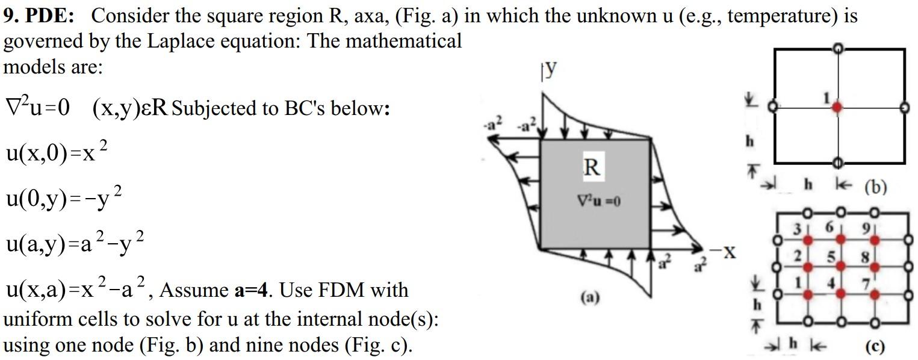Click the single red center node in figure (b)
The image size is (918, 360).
click(x=836, y=107)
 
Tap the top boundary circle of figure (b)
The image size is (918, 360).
click(x=836, y=48)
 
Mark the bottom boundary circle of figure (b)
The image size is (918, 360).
click(x=836, y=163)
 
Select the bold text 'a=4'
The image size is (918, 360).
click(x=250, y=290)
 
